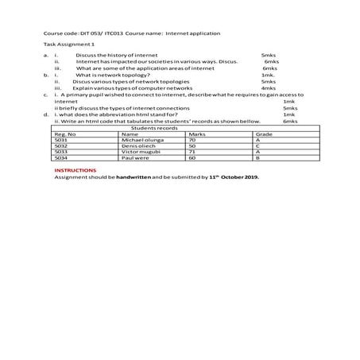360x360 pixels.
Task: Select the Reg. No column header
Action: tap(65, 135)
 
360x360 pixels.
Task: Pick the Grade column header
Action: tap(265, 135)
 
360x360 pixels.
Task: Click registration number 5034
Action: tap(60, 158)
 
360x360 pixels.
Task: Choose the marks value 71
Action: tap(192, 152)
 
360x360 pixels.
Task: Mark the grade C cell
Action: tap(258, 146)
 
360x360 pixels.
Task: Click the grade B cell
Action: tap(258, 158)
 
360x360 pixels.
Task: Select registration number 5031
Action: tap(60, 141)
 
